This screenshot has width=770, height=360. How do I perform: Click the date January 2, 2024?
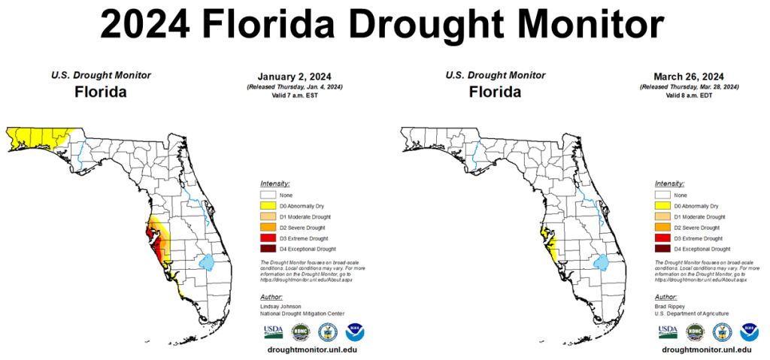[294, 77]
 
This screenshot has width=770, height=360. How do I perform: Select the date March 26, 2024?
[689, 77]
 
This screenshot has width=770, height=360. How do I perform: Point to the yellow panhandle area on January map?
[34, 138]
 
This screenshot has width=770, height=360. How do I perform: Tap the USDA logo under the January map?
[272, 331]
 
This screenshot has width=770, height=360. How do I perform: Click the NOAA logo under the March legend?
[748, 331]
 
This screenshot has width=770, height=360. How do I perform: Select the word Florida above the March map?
[495, 92]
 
